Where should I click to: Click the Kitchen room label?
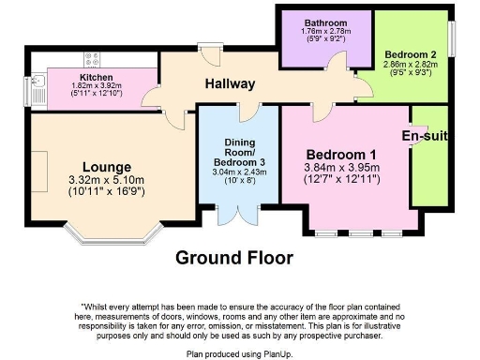97,78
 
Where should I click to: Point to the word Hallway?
230,84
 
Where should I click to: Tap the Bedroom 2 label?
409,54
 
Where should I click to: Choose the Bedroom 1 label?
342,155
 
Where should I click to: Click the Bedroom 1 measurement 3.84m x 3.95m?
342,168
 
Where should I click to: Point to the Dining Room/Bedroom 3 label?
238,152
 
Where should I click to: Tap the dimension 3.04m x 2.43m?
238,172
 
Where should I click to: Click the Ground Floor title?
234,257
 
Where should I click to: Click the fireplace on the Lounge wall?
37,166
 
